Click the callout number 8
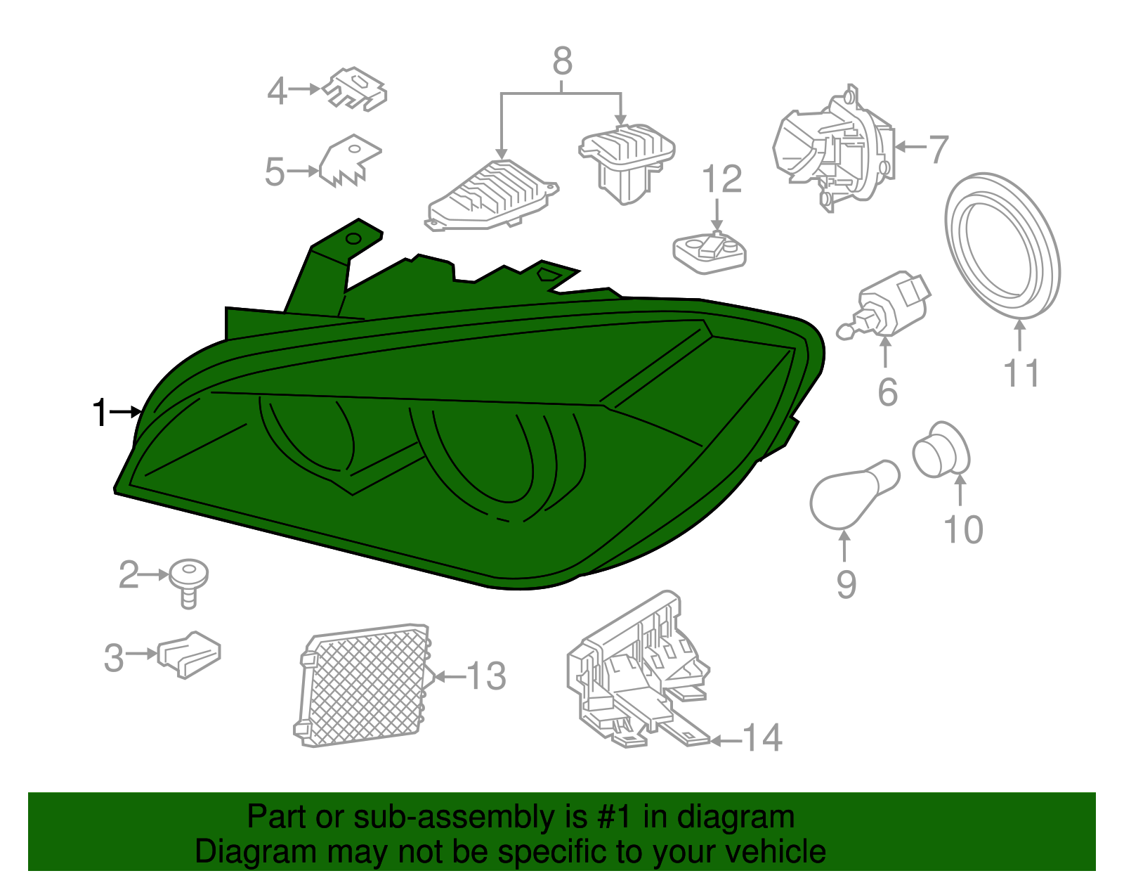click(x=562, y=62)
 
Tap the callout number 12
click(x=721, y=180)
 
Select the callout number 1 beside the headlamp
click(x=100, y=413)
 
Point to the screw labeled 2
click(x=188, y=579)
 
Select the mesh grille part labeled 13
click(x=364, y=685)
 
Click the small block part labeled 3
click(x=189, y=654)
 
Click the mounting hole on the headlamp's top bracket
click(x=353, y=239)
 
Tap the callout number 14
click(x=762, y=738)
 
